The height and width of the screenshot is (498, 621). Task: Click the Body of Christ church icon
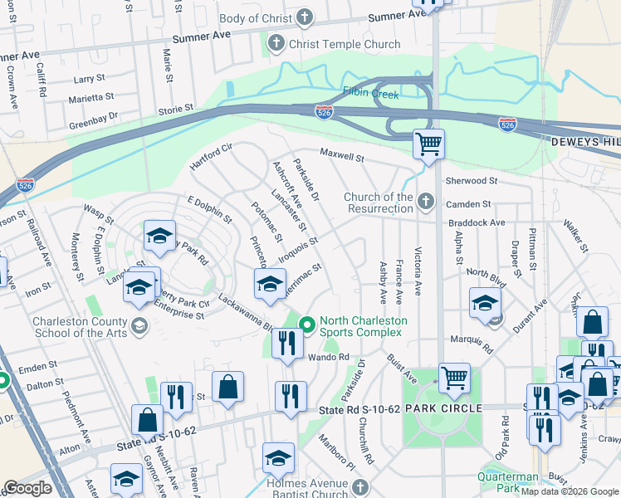pos(305,17)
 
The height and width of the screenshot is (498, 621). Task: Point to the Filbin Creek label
pos(372,93)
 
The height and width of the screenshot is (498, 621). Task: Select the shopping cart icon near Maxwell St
pos(428,144)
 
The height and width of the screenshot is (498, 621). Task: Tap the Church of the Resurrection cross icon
pos(426,201)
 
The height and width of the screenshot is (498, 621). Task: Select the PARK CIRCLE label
pos(443,409)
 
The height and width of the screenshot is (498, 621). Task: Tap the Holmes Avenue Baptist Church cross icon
pos(359,486)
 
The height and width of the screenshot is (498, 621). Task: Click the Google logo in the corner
pos(27,488)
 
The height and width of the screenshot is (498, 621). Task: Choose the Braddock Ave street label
pos(476,223)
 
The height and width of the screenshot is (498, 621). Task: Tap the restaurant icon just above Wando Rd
pos(287,343)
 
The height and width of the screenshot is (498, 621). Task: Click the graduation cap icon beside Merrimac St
pos(269,285)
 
